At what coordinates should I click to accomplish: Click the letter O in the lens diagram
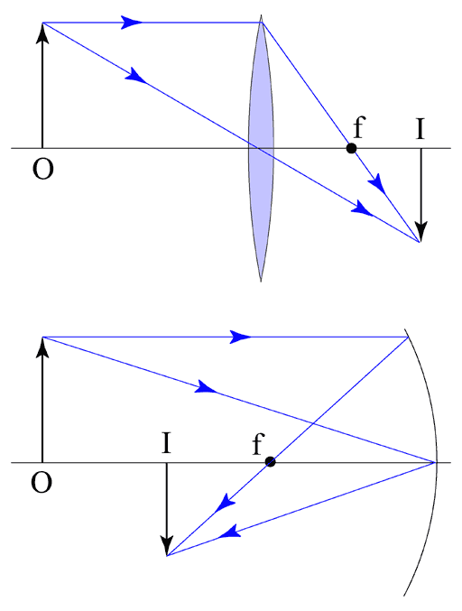[x=42, y=169]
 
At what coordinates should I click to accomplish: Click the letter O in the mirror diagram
[x=42, y=483]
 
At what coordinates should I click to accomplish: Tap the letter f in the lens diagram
[x=359, y=127]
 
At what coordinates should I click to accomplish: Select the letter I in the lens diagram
[x=420, y=129]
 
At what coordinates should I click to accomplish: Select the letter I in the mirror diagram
[x=166, y=443]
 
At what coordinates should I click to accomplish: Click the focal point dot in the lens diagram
[x=351, y=149]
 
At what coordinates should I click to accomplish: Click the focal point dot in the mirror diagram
[x=271, y=462]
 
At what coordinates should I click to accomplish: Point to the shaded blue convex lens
[x=261, y=148]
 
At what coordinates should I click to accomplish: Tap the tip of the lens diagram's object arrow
[x=42, y=23]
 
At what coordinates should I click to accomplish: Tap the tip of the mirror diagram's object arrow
[x=42, y=338]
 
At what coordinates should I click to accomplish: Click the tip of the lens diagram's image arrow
[x=420, y=241]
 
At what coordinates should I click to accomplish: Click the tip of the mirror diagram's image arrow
[x=167, y=554]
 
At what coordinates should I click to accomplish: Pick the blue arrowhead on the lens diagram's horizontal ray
[x=132, y=23]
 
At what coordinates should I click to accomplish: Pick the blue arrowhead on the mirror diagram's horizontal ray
[x=240, y=337]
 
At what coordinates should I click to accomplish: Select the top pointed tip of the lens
[x=261, y=15]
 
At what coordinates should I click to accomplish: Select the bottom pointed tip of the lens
[x=261, y=281]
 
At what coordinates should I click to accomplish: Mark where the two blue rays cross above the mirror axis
[x=312, y=422]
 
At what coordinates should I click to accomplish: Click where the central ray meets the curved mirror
[x=435, y=462]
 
